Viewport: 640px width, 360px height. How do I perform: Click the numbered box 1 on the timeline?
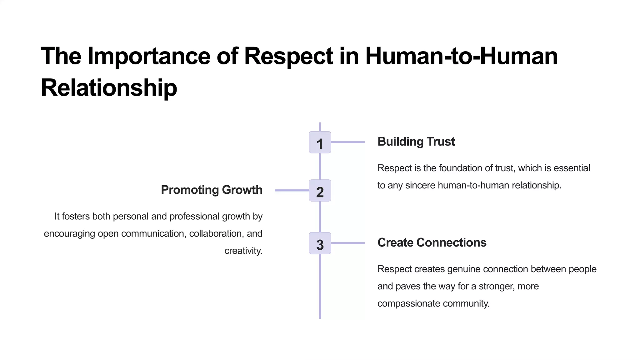pos(320,142)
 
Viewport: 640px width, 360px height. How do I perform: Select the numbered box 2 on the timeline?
pos(320,191)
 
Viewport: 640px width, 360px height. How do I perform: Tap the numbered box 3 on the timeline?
pos(320,243)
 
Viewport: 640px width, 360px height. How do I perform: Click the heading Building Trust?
pos(416,142)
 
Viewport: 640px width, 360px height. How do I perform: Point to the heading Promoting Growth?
pos(212,190)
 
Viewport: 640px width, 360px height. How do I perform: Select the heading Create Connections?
pos(432,242)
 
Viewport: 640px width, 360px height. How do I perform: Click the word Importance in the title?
pos(149,56)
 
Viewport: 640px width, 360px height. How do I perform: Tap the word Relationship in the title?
pos(109,88)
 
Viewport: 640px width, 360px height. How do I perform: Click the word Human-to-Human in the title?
pos(461,56)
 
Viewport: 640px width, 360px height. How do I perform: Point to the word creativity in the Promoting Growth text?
pos(243,251)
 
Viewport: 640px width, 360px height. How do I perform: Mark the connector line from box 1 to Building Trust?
pos(348,142)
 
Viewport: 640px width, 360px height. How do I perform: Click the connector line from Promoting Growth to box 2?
pos(292,190)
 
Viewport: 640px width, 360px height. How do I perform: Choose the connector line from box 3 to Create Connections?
pos(348,243)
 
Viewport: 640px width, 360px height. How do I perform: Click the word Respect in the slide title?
pos(288,56)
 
